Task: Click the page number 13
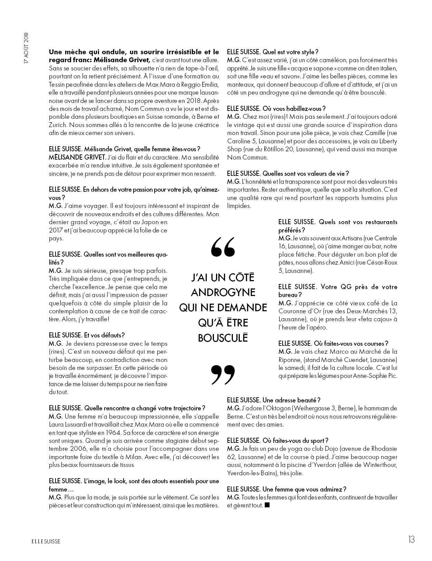[x=410, y=539]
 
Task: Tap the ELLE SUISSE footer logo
[x=44, y=541]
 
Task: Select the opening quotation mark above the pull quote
[x=223, y=247]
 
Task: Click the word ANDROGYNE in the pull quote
[x=223, y=293]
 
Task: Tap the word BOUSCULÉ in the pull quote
[x=223, y=337]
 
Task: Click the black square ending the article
[x=267, y=505]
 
